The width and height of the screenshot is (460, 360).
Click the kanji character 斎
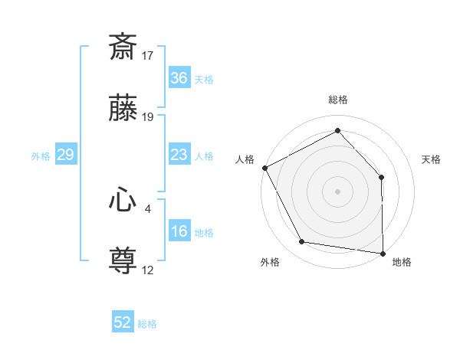tap(123, 47)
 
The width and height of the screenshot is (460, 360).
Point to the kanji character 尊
tap(123, 262)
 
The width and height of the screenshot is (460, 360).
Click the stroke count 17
tap(148, 55)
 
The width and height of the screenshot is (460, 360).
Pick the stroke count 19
tap(148, 117)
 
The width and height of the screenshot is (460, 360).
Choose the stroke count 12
tap(148, 270)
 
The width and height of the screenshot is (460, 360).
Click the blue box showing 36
tap(179, 78)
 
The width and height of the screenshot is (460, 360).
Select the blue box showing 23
tap(179, 155)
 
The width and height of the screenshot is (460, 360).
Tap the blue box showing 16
tap(179, 231)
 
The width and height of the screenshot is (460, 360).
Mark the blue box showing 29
tap(65, 155)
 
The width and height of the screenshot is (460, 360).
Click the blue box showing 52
tap(123, 322)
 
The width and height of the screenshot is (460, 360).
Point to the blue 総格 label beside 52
tap(147, 324)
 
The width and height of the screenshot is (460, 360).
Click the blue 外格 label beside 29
tap(41, 156)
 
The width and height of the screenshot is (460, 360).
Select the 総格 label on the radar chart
tap(337, 100)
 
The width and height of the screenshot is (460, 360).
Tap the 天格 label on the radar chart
tap(432, 159)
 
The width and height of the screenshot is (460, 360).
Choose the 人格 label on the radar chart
tap(245, 159)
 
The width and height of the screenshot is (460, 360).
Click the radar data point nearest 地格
tap(383, 253)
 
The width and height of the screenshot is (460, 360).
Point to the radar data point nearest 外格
tap(302, 242)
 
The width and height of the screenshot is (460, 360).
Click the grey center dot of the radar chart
tap(337, 191)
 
